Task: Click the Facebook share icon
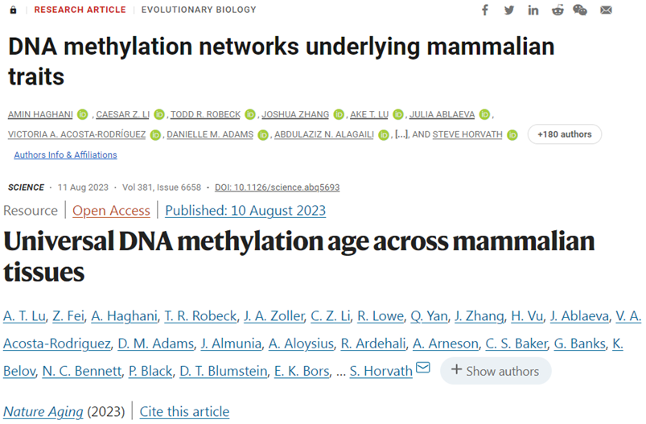pos(484,10)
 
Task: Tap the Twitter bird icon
pos(508,10)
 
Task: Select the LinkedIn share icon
pos(533,10)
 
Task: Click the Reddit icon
pos(558,10)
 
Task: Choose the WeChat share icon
pos(580,10)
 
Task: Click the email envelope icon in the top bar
pos(606,10)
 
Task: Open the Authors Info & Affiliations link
pos(65,154)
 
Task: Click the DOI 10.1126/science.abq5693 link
pos(277,187)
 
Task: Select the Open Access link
pos(111,211)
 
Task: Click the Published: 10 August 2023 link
pos(245,211)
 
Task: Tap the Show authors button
pos(496,371)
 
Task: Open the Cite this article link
pos(184,412)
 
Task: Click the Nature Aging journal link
pos(43,412)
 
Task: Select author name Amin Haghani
pos(41,114)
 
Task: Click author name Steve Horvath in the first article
pos(467,134)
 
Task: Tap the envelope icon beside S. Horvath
pos(423,369)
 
